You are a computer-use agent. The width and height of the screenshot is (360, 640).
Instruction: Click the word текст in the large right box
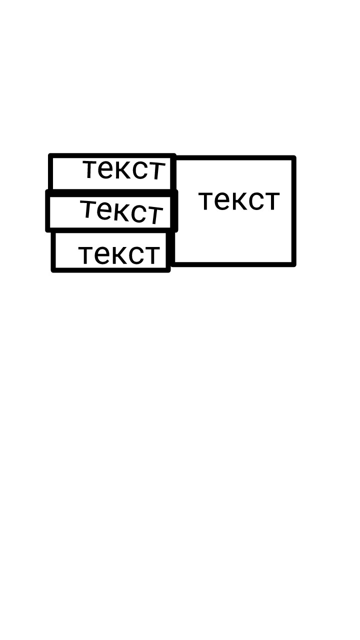click(239, 201)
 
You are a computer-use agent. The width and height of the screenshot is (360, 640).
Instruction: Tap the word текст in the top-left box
click(124, 169)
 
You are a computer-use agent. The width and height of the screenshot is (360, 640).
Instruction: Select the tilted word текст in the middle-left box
click(121, 211)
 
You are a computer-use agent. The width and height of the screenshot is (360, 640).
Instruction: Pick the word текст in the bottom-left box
click(119, 254)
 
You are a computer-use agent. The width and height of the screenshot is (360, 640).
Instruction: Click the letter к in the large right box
click(238, 201)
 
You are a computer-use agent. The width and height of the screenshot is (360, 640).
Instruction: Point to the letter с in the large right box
click(256, 201)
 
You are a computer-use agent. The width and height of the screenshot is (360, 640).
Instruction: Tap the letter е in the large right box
click(221, 201)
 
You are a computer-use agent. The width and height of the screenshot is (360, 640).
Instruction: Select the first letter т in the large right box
click(206, 201)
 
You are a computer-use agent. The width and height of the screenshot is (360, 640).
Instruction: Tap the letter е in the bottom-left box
click(101, 254)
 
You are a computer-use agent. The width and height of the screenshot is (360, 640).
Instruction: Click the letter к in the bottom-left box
click(118, 254)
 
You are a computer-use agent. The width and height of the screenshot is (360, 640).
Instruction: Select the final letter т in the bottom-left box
click(152, 254)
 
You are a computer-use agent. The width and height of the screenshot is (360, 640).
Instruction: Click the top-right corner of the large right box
click(294, 157)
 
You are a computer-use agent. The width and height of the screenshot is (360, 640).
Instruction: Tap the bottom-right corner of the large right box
click(294, 264)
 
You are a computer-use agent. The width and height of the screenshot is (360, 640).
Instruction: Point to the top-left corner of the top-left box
click(50, 155)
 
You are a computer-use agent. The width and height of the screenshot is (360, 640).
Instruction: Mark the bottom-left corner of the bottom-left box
click(53, 270)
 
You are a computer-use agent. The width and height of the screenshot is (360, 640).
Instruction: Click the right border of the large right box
click(294, 211)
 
